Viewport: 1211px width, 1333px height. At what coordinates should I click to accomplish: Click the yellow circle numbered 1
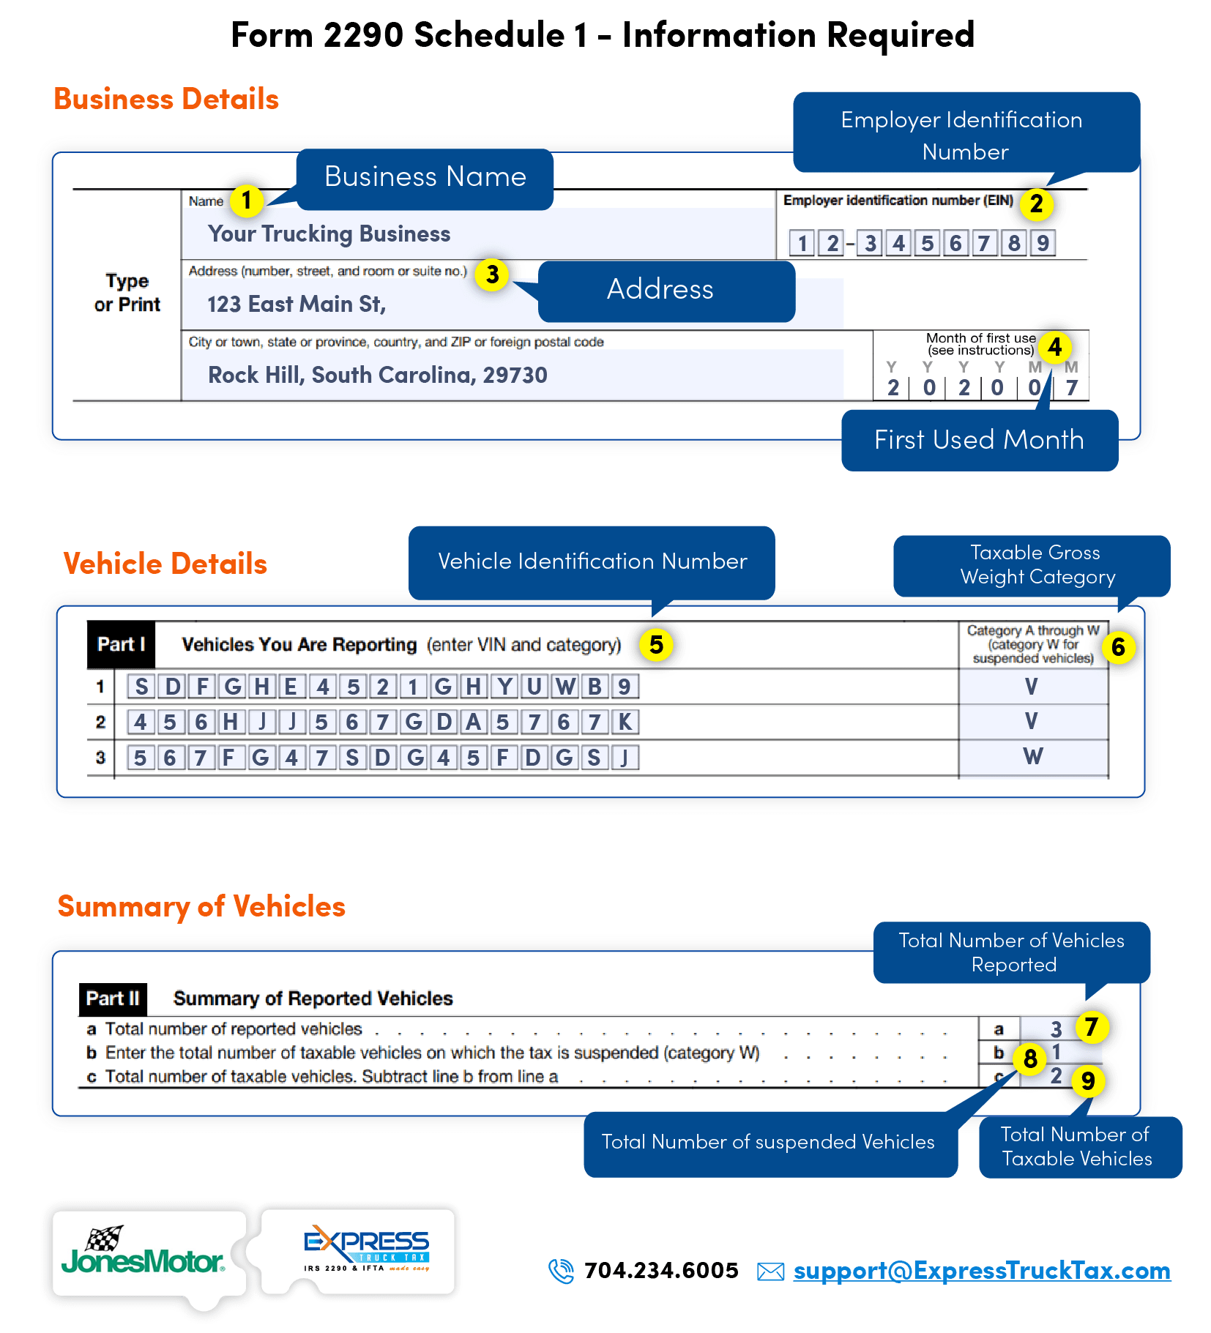click(247, 200)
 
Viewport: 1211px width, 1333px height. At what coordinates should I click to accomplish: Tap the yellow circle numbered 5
click(656, 645)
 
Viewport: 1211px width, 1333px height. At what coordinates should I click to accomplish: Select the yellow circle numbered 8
click(1030, 1058)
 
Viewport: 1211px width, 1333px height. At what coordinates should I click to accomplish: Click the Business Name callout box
click(425, 178)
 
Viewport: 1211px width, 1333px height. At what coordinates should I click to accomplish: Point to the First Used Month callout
click(979, 440)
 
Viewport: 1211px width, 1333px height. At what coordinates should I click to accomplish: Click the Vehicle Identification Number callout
click(592, 561)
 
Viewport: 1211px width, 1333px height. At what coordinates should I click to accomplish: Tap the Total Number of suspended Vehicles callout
click(769, 1142)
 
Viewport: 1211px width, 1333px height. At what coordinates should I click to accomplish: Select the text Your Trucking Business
click(329, 234)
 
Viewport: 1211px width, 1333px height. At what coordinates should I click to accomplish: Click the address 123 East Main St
click(297, 304)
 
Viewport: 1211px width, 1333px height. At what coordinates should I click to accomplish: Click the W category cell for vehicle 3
click(1032, 756)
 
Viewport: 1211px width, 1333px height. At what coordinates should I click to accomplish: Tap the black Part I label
click(121, 645)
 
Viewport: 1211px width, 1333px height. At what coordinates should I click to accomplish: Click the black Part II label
click(113, 998)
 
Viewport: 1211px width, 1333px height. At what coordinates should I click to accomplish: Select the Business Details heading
click(166, 99)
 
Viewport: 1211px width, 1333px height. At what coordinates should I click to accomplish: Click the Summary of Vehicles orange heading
click(201, 906)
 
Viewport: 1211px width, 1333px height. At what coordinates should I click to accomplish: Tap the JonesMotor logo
click(143, 1253)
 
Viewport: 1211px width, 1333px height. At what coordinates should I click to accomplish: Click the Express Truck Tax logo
click(366, 1250)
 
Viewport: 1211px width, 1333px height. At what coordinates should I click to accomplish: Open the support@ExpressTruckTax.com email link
click(982, 1272)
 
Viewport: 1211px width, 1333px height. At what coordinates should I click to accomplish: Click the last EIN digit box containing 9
click(1043, 243)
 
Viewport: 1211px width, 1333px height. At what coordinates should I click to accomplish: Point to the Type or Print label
click(127, 293)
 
